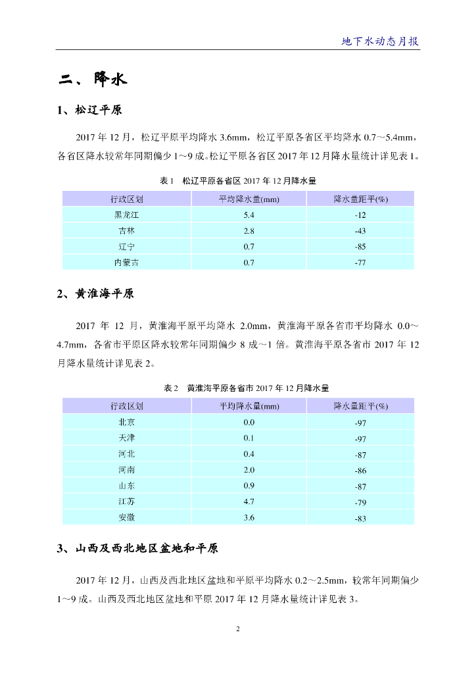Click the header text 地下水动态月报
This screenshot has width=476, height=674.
380,41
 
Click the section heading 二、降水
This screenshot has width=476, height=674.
92,80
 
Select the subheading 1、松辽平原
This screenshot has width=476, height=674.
89,110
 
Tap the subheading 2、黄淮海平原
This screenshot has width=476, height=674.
95,294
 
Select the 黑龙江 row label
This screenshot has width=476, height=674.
127,215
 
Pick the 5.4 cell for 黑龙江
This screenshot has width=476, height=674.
249,215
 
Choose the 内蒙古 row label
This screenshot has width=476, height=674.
127,263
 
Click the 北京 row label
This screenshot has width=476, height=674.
127,422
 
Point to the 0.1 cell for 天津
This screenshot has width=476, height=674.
249,438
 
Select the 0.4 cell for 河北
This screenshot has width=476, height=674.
249,454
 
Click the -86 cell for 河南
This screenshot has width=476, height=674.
360,471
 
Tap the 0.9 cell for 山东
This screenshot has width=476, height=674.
249,486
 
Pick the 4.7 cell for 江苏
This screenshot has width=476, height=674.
249,502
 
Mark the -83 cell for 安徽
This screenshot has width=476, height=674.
360,519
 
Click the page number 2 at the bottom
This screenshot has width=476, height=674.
238,629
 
